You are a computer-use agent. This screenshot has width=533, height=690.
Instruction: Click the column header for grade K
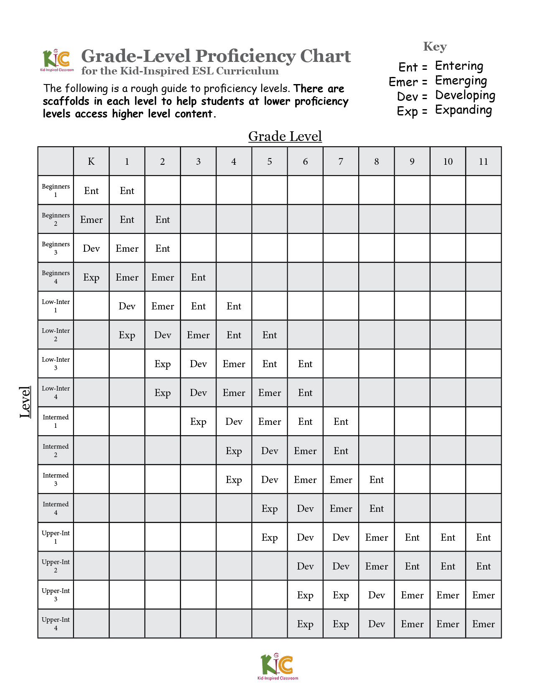[91, 161]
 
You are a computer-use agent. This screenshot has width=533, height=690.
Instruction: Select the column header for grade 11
[483, 161]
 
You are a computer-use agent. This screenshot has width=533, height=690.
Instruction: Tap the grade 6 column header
[305, 161]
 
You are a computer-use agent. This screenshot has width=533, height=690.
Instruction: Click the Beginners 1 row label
[56, 190]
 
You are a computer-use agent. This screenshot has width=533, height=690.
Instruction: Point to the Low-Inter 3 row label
[56, 363]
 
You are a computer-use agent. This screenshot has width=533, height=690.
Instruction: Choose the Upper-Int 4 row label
[56, 624]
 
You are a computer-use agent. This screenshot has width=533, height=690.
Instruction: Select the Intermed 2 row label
[56, 450]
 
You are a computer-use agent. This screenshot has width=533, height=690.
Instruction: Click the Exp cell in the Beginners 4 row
[91, 277]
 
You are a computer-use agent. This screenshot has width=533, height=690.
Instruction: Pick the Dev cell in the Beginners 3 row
[91, 248]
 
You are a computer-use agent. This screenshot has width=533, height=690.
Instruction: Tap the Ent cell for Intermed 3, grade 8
[376, 480]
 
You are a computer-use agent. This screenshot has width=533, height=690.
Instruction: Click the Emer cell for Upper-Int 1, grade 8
[376, 537]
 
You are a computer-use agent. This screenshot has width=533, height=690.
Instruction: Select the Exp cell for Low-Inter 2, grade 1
[127, 335]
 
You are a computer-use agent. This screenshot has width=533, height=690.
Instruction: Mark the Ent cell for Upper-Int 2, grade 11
[483, 566]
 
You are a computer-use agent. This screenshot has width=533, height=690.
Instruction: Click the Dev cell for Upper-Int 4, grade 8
[376, 624]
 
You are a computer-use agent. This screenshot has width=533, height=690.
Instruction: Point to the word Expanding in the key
[463, 110]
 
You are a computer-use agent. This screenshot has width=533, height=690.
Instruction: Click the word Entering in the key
[459, 66]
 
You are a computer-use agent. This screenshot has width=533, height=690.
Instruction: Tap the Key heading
[435, 46]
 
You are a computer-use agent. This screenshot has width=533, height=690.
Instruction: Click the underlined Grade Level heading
[285, 136]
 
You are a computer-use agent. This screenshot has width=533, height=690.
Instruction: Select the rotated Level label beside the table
[25, 402]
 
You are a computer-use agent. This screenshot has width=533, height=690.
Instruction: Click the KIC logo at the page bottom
[278, 666]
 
